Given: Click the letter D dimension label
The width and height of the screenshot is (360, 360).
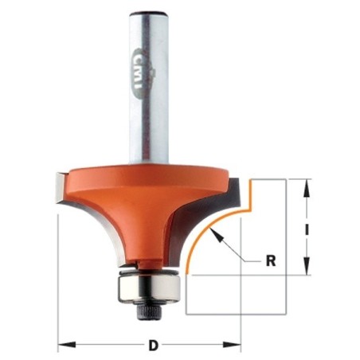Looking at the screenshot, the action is point(153,346).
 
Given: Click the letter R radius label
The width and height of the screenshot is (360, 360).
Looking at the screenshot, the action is point(271,261).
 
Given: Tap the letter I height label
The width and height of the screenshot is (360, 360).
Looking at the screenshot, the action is point(307,229).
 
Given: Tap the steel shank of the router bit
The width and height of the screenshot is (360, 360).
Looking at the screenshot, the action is point(149,88).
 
